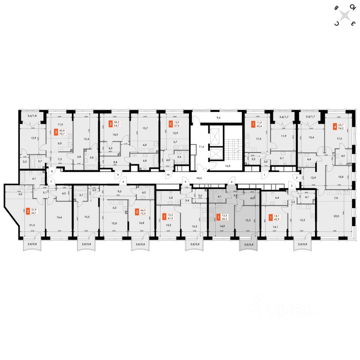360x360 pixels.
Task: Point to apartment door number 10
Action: [x=168, y=175]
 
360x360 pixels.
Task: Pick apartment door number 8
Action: [x=52, y=171]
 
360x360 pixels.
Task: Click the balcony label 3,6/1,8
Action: [x=32, y=116]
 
